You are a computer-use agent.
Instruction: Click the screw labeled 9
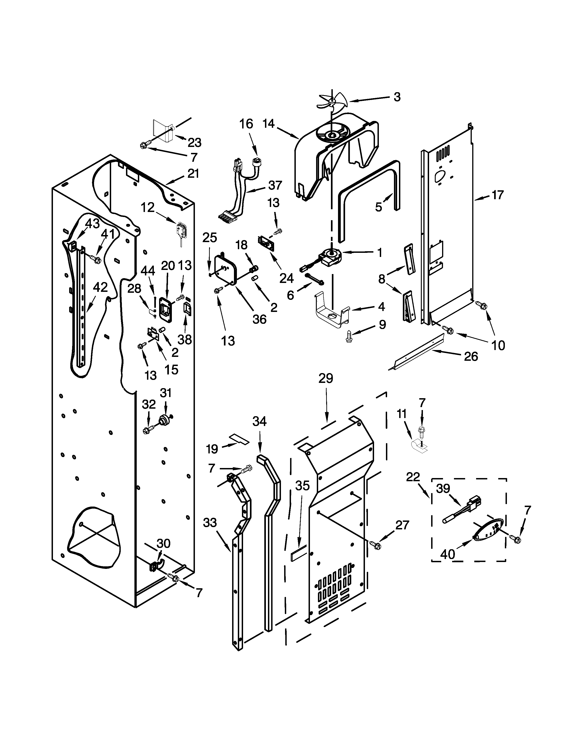(x=349, y=337)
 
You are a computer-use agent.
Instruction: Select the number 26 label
(x=471, y=356)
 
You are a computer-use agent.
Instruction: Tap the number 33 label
(x=210, y=523)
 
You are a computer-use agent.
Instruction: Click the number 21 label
(x=193, y=173)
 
